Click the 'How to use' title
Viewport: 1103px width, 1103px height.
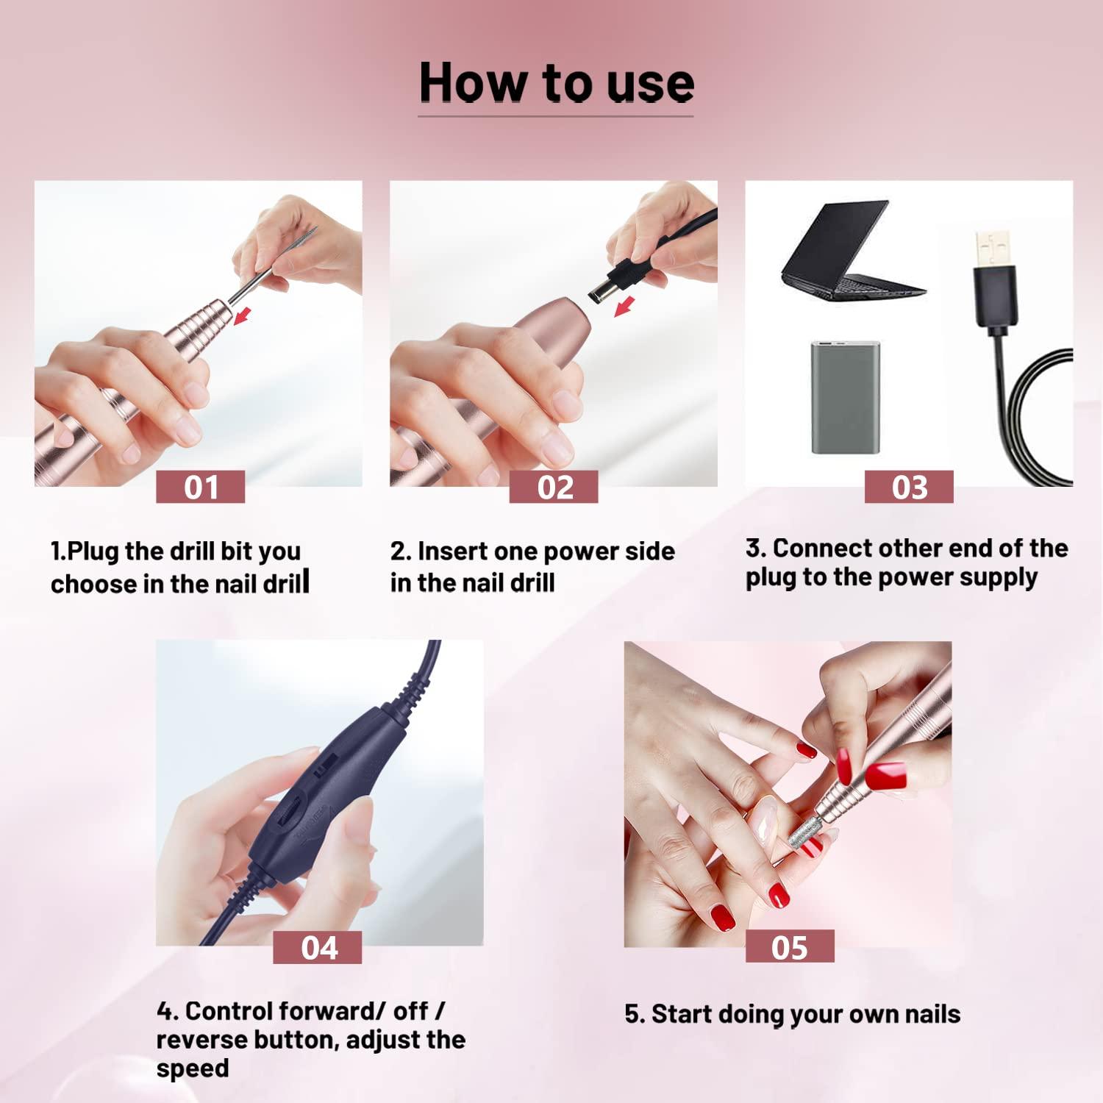pyautogui.click(x=556, y=82)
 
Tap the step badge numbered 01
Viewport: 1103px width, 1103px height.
pyautogui.click(x=200, y=488)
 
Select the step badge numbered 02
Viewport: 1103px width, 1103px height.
pyautogui.click(x=554, y=488)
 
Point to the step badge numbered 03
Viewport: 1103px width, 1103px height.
pyautogui.click(x=909, y=488)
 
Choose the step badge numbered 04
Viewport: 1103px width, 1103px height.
pyautogui.click(x=318, y=948)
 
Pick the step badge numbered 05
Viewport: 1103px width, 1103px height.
pyautogui.click(x=790, y=947)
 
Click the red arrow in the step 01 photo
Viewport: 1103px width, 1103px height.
pyautogui.click(x=242, y=315)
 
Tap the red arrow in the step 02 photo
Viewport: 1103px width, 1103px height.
pyautogui.click(x=624, y=306)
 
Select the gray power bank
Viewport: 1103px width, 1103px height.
pyautogui.click(x=845, y=397)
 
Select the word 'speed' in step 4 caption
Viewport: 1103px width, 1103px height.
pyautogui.click(x=193, y=1068)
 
